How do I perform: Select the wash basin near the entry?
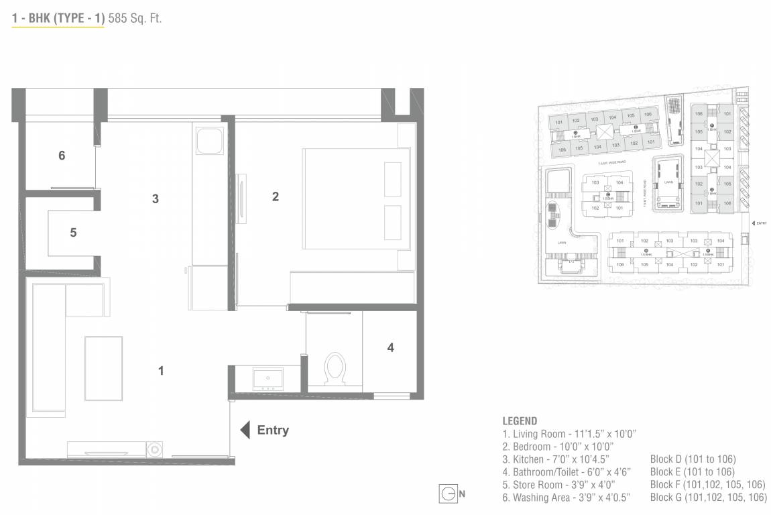[268, 379]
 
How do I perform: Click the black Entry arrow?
[245, 430]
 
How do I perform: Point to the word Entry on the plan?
[273, 430]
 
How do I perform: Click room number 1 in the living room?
[161, 370]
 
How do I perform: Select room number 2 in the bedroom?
[275, 196]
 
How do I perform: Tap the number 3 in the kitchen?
[156, 198]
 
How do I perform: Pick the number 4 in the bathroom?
[390, 347]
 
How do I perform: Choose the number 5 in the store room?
[73, 233]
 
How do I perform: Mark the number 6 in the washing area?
[62, 156]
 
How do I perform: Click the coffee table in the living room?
[103, 369]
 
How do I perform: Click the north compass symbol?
[447, 494]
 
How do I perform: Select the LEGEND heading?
[520, 421]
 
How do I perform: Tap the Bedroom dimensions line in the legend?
[558, 447]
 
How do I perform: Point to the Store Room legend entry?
[558, 485]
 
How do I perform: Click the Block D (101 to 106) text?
[693, 459]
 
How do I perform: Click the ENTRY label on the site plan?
[760, 223]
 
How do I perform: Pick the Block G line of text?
[708, 498]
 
